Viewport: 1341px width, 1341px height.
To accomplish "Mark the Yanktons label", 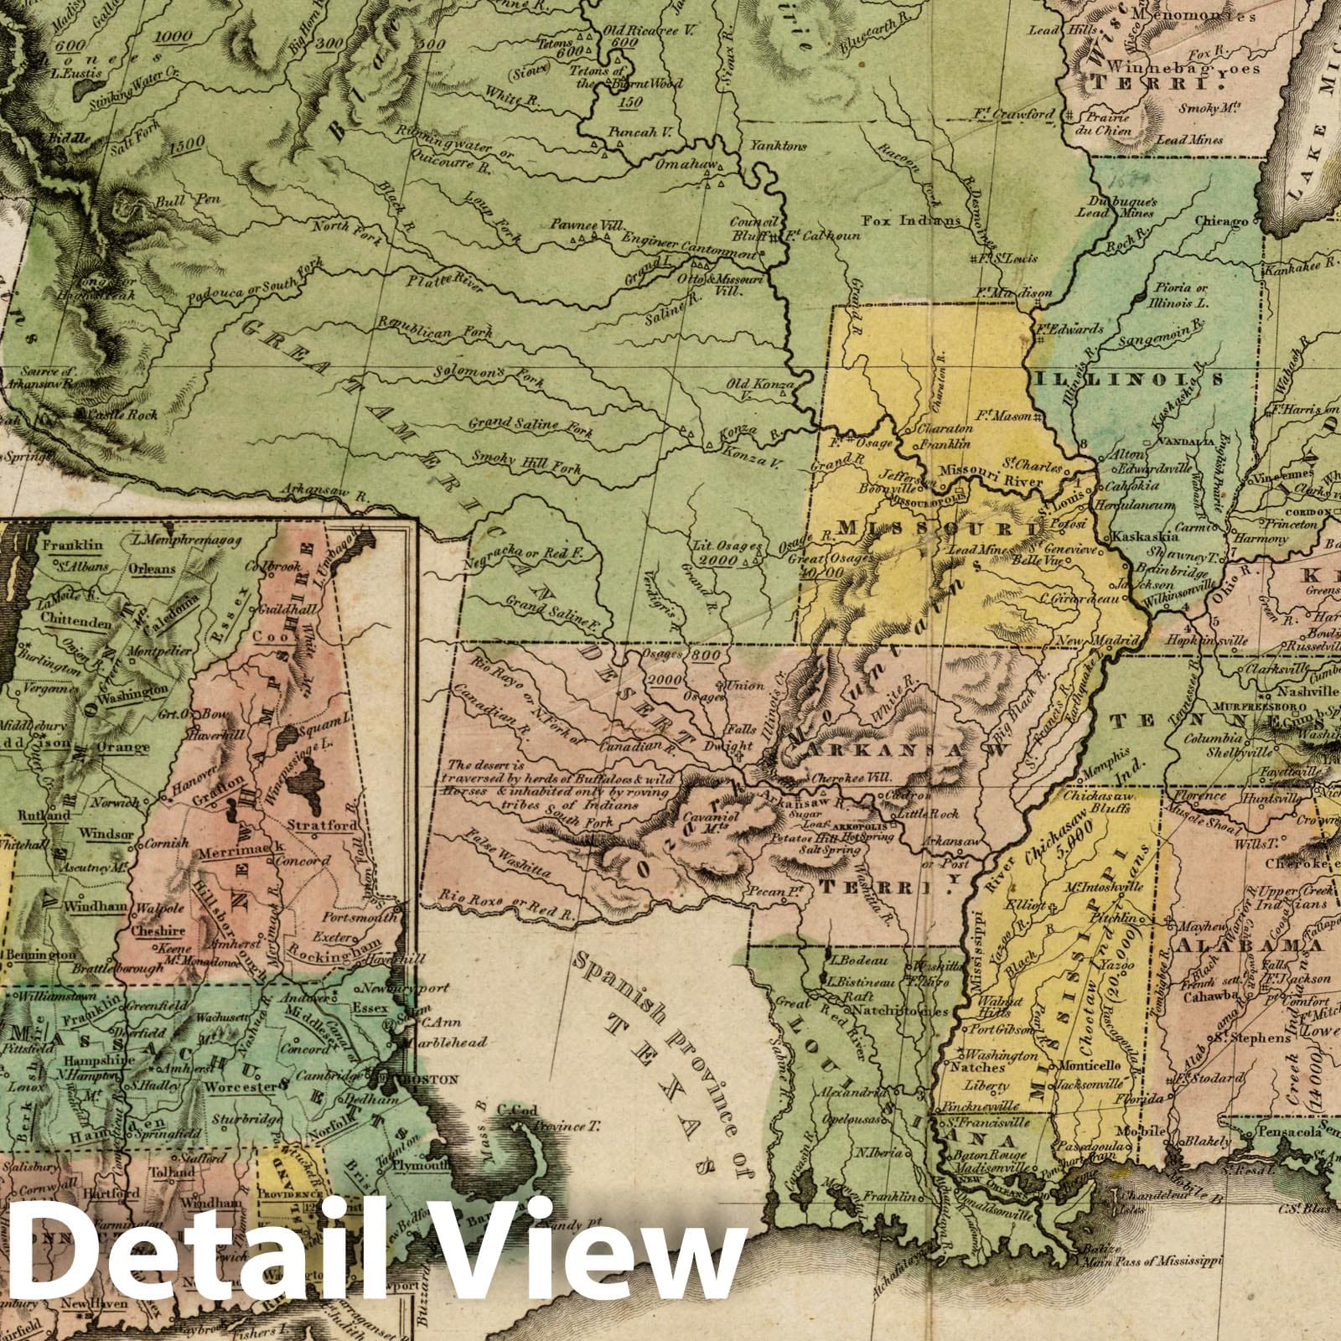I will (779, 146).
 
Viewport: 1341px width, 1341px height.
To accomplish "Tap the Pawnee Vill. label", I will (581, 225).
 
